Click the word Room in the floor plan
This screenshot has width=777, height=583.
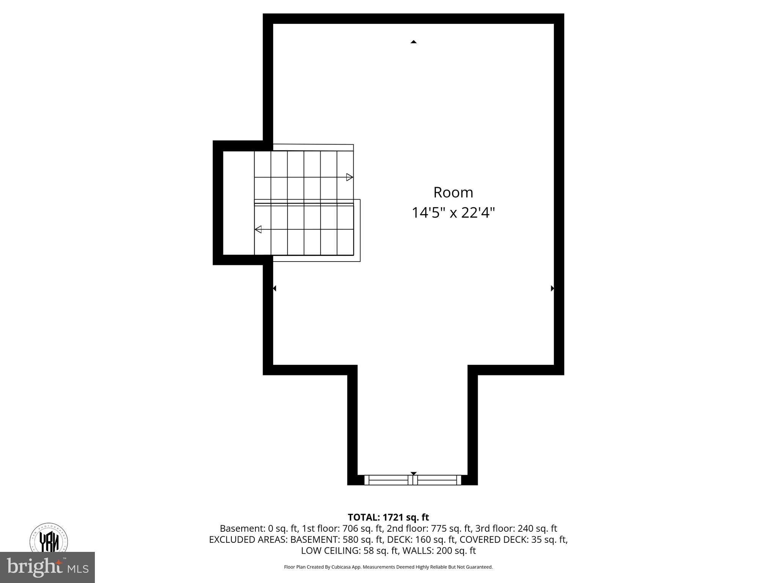453,192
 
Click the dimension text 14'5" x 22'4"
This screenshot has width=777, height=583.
453,213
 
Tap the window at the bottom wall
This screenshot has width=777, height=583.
413,480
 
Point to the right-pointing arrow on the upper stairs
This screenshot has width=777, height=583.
349,177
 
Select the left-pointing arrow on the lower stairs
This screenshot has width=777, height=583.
258,229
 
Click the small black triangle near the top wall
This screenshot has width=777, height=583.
414,42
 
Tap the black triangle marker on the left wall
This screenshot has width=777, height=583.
274,288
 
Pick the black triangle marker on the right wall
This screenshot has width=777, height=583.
552,288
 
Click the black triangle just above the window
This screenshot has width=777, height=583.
414,473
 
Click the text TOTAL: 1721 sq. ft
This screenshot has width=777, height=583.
388,517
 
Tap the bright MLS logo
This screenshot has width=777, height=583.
47,567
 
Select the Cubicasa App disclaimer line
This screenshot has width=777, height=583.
388,567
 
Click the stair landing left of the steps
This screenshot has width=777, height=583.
238,203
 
